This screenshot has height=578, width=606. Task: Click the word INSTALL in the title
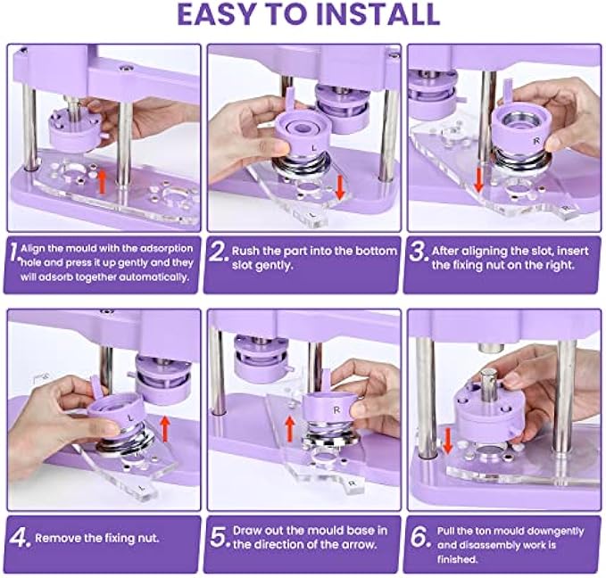pos(378,14)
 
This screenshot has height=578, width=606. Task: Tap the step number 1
pos(14,253)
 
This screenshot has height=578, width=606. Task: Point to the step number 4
pos(18,538)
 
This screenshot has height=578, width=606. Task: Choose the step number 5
pos(219,537)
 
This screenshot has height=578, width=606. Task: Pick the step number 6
pos(419,537)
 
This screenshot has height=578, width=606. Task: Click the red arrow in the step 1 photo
pos(102,182)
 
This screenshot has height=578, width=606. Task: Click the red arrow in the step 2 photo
pos(340,188)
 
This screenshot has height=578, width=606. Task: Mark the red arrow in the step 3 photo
pos(478,180)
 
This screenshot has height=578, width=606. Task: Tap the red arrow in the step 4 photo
pos(164,428)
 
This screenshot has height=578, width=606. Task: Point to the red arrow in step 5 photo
pos(289,432)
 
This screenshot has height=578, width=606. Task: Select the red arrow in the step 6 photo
pos(447,442)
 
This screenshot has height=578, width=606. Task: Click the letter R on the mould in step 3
pos(536,142)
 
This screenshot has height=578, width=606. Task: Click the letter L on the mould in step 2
pos(314,148)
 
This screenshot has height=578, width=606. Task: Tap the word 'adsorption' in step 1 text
pos(167,249)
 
